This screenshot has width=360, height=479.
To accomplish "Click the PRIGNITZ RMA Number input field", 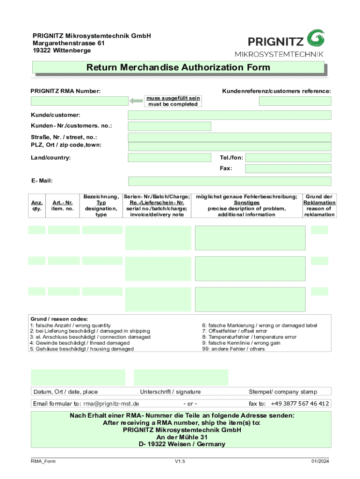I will click(x=79, y=101).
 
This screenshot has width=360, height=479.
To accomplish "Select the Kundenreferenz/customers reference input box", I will click(x=295, y=101).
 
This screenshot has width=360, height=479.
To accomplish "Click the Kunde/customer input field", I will click(x=230, y=115).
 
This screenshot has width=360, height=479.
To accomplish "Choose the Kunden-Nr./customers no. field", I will click(x=169, y=126).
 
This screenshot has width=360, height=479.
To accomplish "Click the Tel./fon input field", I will click(x=288, y=158).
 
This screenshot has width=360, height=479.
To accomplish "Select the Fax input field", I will click(x=288, y=168).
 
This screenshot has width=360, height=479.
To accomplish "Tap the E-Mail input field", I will click(x=230, y=181).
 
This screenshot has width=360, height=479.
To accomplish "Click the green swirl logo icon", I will click(x=316, y=37).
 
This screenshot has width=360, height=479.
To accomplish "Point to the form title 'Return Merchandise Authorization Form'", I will click(x=178, y=67).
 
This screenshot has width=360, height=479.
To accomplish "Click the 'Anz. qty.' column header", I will click(x=36, y=206).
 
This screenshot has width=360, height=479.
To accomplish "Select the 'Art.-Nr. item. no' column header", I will click(x=63, y=206).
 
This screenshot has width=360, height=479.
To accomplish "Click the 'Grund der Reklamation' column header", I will click(x=319, y=206).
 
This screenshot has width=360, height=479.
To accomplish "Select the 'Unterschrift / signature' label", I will click(x=170, y=392).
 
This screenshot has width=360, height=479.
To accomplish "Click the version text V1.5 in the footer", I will click(x=180, y=462).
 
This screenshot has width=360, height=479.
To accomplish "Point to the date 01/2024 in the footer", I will click(x=321, y=462).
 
